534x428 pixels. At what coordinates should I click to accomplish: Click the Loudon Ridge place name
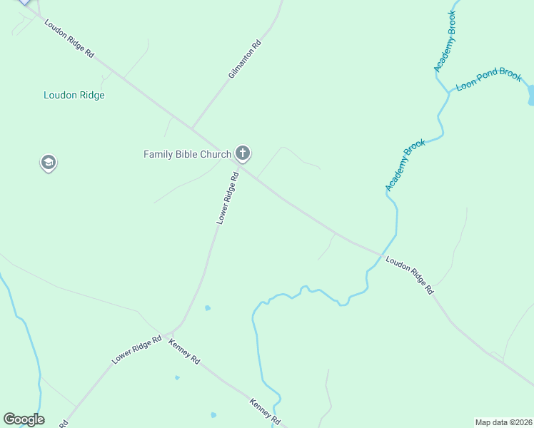(x=74, y=95)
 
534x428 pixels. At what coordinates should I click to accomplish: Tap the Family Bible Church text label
(x=187, y=154)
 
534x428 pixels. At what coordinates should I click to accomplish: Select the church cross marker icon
(x=243, y=153)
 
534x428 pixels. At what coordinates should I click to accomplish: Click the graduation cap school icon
(x=48, y=163)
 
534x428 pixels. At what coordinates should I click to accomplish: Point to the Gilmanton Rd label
(x=245, y=59)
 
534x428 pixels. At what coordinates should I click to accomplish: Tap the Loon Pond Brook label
(x=489, y=79)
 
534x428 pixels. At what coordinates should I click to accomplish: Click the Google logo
(x=24, y=419)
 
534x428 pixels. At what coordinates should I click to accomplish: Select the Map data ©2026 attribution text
(x=503, y=422)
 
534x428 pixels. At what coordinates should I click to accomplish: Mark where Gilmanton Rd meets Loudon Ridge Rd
(x=191, y=129)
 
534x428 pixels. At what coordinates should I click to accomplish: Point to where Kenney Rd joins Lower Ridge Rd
(x=166, y=335)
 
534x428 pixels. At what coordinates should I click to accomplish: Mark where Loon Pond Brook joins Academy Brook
(x=448, y=93)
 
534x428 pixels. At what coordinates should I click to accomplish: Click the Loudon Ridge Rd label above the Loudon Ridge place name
(x=69, y=39)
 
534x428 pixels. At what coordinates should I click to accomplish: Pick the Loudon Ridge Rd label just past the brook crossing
(x=409, y=275)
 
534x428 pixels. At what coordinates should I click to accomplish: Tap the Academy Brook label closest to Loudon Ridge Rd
(x=405, y=165)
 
